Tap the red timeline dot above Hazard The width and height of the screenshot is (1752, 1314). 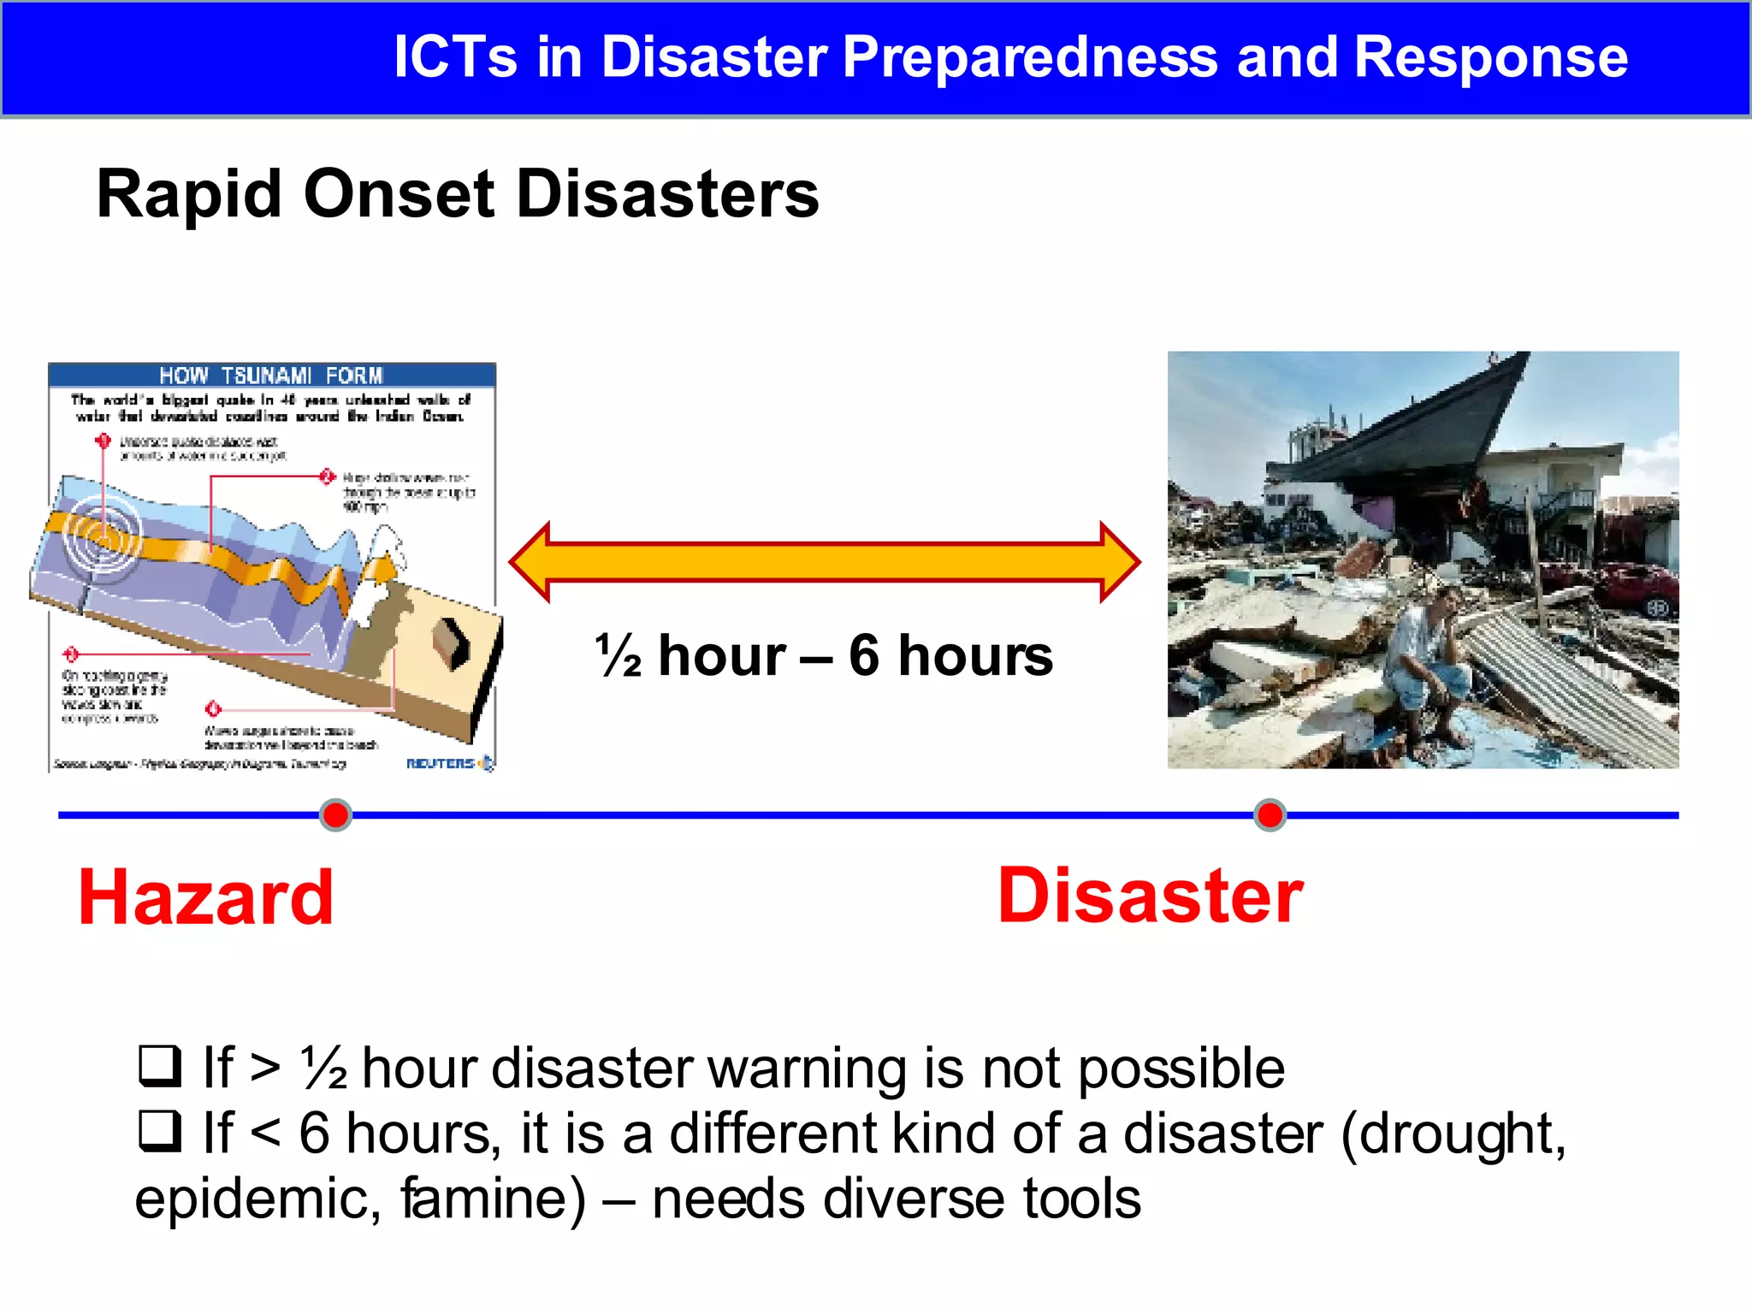coord(335,814)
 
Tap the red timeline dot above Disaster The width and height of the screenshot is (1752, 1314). coord(1270,814)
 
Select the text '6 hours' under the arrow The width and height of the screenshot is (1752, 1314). coord(950,656)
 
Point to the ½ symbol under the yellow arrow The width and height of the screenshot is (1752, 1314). coord(619,656)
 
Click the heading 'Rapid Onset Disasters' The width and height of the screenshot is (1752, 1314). coord(458,194)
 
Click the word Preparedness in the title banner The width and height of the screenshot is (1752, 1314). coord(1030,57)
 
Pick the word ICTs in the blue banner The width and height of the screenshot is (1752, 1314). coord(455,57)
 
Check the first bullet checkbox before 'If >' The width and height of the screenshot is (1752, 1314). coord(160,1065)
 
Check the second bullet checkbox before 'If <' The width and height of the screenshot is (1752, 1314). coord(160,1130)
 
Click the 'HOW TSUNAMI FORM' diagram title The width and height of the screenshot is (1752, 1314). coord(271,375)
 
